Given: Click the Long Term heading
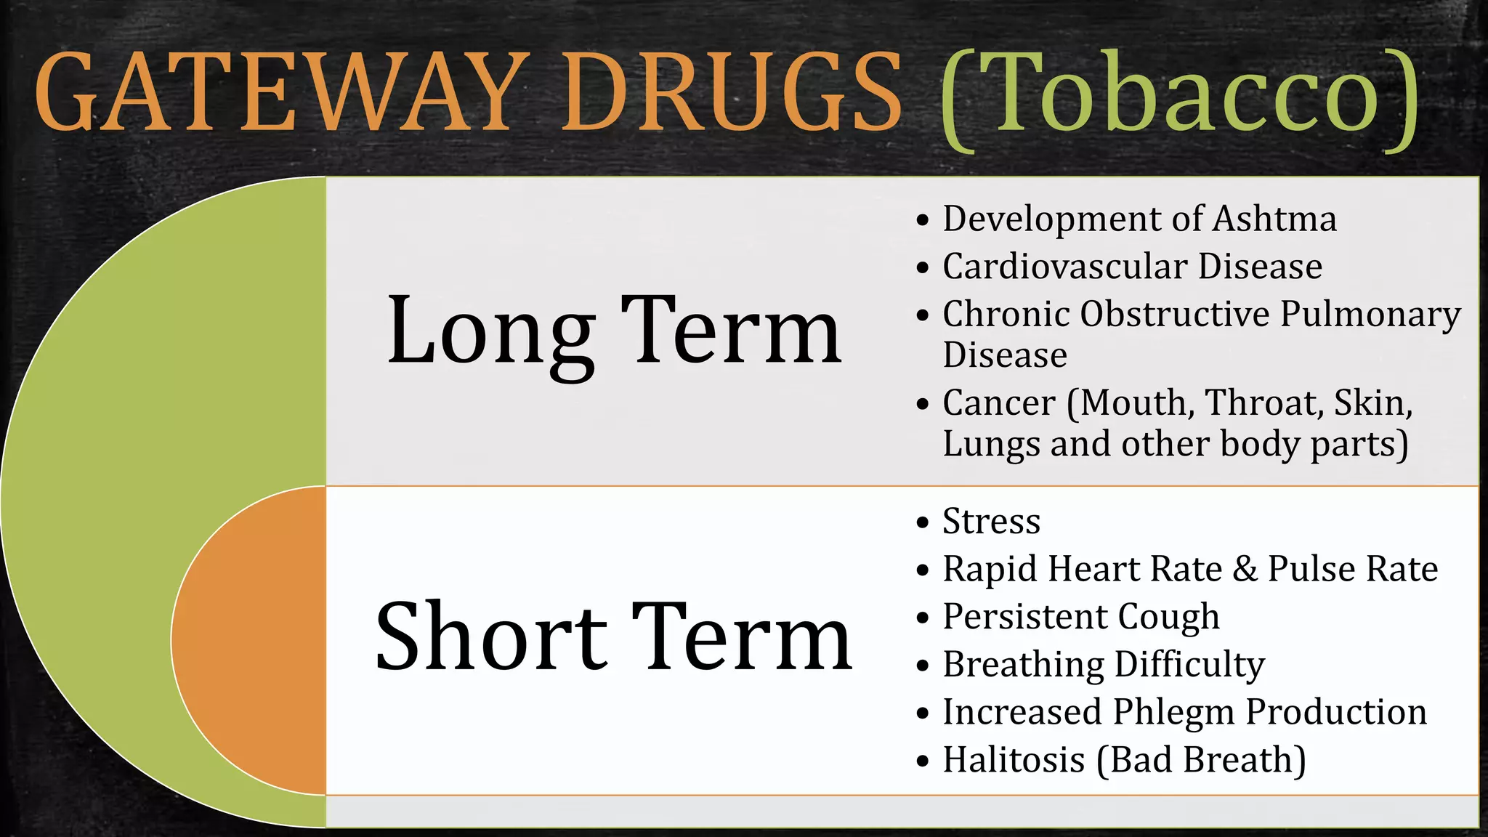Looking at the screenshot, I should tap(614, 331).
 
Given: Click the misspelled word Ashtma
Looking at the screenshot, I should tap(1274, 219).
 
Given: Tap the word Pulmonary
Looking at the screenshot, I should tap(1370, 315).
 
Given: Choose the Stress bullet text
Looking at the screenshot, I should tap(991, 522).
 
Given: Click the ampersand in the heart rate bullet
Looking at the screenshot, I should tap(1245, 569).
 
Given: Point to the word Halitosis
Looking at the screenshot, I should tap(1014, 760).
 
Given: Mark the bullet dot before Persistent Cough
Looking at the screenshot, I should tap(923, 618).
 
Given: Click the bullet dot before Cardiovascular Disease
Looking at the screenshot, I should tap(923, 268).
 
